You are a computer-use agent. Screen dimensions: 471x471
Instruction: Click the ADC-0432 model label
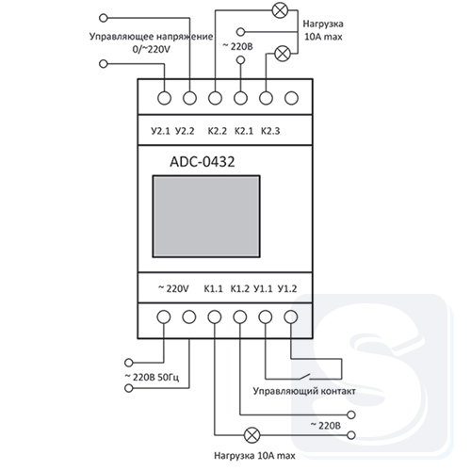click(x=203, y=162)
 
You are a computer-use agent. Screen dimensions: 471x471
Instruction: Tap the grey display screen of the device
click(x=206, y=217)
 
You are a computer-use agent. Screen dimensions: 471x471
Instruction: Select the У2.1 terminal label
click(x=160, y=131)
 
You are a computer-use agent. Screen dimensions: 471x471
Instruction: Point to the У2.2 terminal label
click(x=185, y=131)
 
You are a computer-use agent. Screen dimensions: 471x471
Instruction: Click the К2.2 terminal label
click(x=218, y=131)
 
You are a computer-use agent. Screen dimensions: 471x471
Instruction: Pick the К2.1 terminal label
click(x=244, y=131)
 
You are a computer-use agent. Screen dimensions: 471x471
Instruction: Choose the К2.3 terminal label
click(x=270, y=131)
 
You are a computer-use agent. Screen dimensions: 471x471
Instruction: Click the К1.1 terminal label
click(x=213, y=288)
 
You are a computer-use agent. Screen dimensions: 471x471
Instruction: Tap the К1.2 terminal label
click(x=240, y=288)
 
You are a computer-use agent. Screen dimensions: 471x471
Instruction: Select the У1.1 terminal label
click(x=263, y=288)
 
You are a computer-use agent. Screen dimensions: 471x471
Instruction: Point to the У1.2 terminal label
click(x=287, y=288)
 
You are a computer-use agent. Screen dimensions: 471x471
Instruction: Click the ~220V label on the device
click(x=173, y=288)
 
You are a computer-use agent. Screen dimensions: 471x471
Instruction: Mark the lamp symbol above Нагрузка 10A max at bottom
click(x=252, y=435)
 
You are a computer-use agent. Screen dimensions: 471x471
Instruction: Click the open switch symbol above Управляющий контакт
click(x=303, y=377)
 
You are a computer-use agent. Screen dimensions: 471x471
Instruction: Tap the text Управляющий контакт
click(x=304, y=392)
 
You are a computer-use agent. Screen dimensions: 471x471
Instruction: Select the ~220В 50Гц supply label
click(x=152, y=377)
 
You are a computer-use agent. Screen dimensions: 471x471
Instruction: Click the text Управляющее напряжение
click(x=151, y=37)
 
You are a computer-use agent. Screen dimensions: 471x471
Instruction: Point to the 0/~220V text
click(x=151, y=49)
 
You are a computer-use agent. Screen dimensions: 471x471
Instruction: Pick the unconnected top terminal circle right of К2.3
click(x=291, y=98)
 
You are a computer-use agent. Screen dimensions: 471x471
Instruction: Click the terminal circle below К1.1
click(x=215, y=317)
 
